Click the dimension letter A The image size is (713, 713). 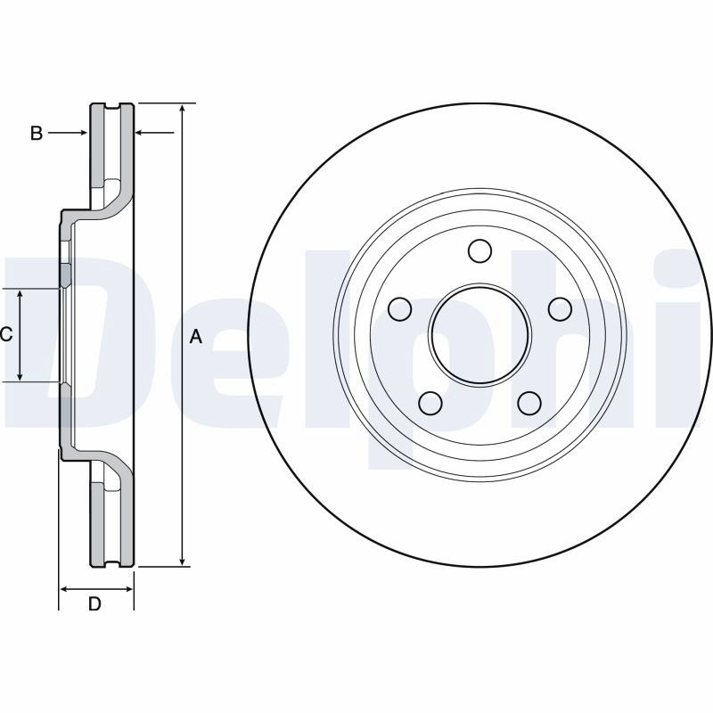click(x=195, y=337)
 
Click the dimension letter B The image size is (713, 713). click(x=37, y=133)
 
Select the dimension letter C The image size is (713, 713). click(x=6, y=335)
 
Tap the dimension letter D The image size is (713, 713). click(x=94, y=604)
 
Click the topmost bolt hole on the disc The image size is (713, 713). click(x=479, y=250)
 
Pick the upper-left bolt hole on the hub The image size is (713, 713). click(x=400, y=309)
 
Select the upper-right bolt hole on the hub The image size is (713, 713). click(x=560, y=309)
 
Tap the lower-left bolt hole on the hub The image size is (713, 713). click(x=430, y=403)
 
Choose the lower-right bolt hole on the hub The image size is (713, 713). click(x=529, y=403)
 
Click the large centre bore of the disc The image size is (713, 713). click(x=480, y=336)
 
